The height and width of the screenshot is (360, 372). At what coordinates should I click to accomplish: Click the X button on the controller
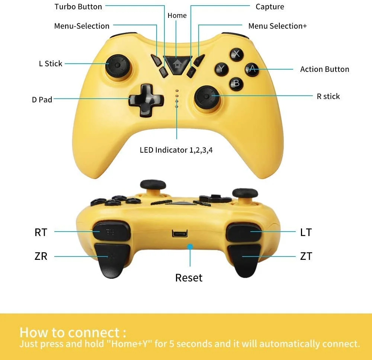coord(236,55)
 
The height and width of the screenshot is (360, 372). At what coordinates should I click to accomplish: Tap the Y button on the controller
coord(221,69)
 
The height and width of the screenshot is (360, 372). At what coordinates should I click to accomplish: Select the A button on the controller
coord(252,69)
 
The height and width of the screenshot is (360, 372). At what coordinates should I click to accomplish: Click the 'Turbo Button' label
coord(78,7)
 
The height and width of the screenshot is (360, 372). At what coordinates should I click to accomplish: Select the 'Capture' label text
coord(270,7)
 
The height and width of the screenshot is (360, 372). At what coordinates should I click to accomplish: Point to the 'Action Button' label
coord(324,69)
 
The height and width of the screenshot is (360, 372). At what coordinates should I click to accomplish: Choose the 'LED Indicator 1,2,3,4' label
coord(176,150)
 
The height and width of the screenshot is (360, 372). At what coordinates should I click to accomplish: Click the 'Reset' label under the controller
coord(189,278)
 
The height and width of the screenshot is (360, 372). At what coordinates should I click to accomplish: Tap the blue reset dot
coord(190,246)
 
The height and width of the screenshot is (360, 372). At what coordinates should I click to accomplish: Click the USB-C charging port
coord(180,233)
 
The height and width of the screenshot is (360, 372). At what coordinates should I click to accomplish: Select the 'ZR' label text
coord(41,256)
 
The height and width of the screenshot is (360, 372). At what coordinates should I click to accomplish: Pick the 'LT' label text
coord(306,232)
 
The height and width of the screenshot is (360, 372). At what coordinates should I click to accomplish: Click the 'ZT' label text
coord(306,256)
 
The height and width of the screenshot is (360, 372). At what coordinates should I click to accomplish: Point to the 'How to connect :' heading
coord(73,332)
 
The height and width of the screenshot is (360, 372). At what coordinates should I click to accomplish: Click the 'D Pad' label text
coord(42,100)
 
